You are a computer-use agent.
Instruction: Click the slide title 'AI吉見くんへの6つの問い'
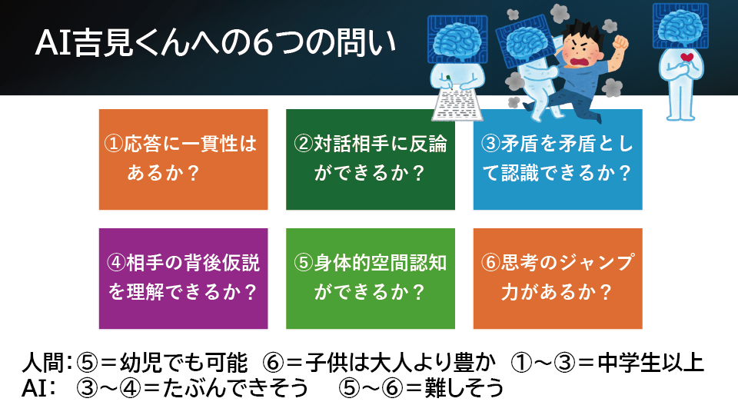pyautogui.click(x=215, y=43)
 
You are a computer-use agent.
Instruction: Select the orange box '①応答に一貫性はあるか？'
pyautogui.click(x=183, y=160)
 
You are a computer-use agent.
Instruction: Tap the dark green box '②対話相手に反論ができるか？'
pyautogui.click(x=371, y=160)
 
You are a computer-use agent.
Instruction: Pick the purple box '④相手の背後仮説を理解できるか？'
pyautogui.click(x=183, y=278)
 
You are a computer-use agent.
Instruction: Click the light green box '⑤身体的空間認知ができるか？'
pyautogui.click(x=371, y=278)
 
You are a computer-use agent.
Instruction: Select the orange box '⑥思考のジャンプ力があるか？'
pyautogui.click(x=558, y=278)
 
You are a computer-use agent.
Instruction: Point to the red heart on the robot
pyautogui.click(x=686, y=58)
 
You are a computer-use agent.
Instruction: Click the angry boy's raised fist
pyautogui.click(x=621, y=43)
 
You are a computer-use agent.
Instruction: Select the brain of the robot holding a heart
pyautogui.click(x=680, y=25)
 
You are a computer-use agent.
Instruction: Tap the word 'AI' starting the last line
pyautogui.click(x=34, y=388)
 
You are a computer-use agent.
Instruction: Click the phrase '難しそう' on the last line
pyautogui.click(x=464, y=388)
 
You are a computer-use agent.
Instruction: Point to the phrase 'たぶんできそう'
pyautogui.click(x=236, y=388)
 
